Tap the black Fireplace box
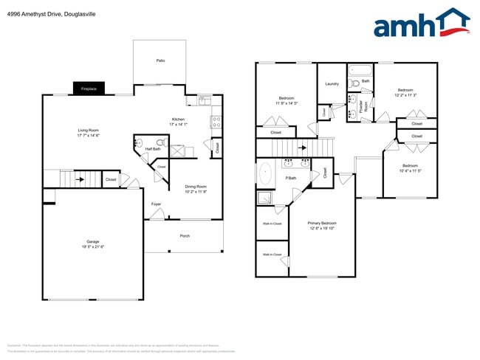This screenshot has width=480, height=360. (89, 89)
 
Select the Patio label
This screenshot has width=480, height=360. (160, 60)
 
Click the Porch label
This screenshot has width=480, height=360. (185, 236)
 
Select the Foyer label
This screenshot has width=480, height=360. (156, 204)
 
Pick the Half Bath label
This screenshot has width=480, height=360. (153, 149)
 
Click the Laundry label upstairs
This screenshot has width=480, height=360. (332, 83)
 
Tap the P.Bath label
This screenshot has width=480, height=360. (292, 178)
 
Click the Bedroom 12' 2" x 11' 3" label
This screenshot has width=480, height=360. (406, 92)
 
